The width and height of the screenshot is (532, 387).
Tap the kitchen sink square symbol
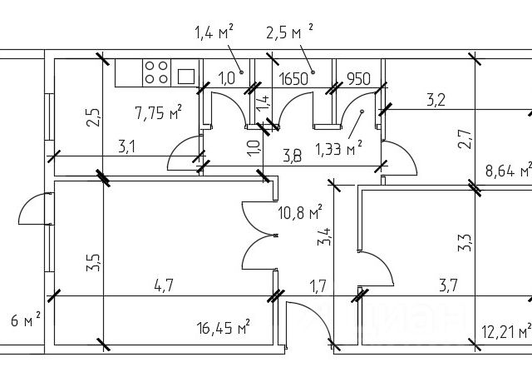pos(186,74)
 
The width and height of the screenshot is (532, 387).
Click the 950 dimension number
pos(357,79)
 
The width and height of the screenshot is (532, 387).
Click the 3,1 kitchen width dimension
pos(126,147)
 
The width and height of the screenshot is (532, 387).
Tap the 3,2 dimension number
pos(436,101)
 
